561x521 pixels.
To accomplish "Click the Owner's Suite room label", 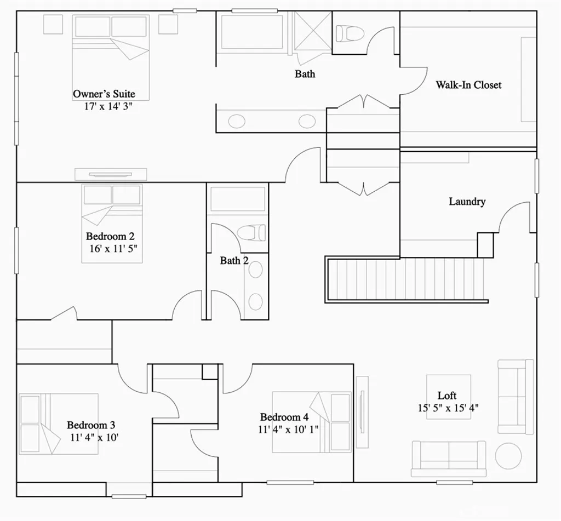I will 104,94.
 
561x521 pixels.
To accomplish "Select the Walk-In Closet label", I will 468,85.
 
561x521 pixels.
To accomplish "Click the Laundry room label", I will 467,202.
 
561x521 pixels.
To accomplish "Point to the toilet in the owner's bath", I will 350,34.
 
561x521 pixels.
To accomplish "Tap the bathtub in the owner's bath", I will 251,32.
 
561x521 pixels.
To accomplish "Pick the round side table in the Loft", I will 508,456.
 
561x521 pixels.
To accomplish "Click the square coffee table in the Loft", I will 449,396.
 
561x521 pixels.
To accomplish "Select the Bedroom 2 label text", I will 110,236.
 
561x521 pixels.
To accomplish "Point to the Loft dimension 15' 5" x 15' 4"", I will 448,408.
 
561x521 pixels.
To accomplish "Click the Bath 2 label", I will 234,261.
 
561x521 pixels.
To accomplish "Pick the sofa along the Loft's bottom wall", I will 449,458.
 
